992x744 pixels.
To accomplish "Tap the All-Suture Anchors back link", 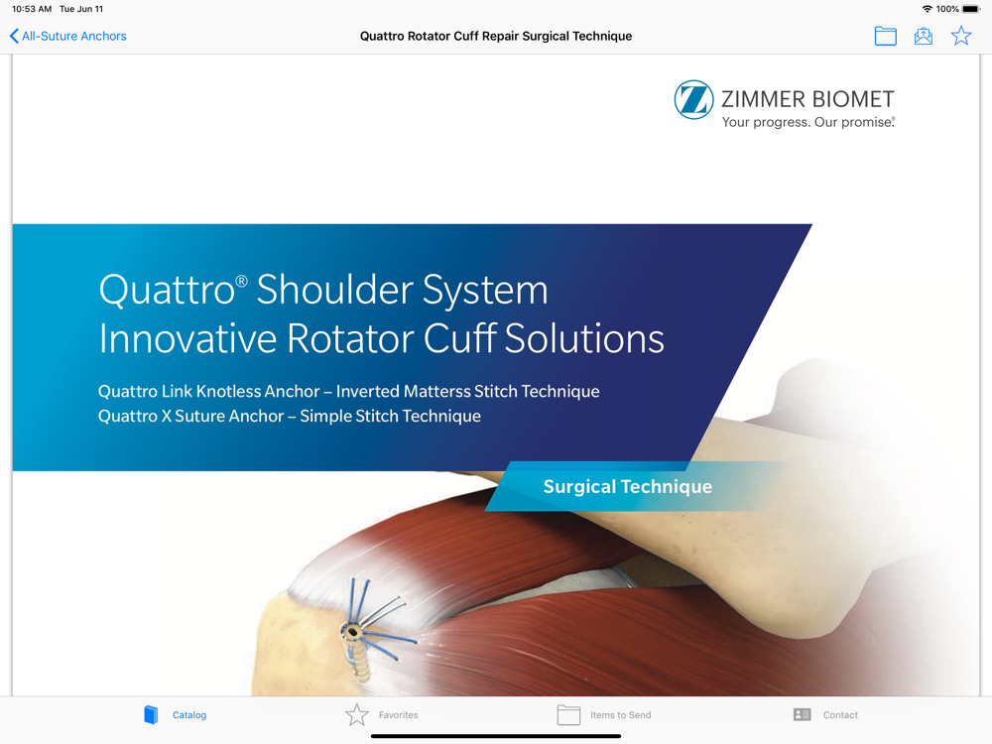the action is point(68,36).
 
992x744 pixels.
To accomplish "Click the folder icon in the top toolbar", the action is point(885,36).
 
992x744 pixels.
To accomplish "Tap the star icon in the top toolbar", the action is point(961,36).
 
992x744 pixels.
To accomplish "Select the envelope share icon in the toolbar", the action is point(923,36).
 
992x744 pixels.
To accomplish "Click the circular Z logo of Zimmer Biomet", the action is point(693,99).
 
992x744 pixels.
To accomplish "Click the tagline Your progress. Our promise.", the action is point(808,122).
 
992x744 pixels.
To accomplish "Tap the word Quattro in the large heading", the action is point(167,291).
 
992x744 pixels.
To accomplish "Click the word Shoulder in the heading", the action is point(334,289).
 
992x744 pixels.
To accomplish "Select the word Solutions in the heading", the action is point(584,338).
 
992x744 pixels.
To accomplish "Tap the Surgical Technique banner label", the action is point(628,486).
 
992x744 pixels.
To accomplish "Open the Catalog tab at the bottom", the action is point(176,715).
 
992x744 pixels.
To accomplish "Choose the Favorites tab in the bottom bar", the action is point(382,715).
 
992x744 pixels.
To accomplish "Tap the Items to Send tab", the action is point(603,715).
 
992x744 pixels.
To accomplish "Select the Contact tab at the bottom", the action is point(825,715).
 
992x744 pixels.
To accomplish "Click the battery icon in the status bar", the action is point(970,9).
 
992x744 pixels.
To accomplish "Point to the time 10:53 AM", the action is point(32,9).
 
